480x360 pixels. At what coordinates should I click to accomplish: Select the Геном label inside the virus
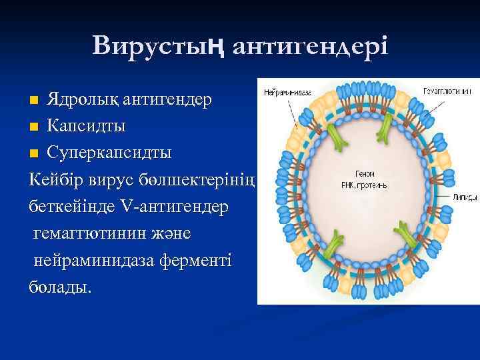coord(364,171)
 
